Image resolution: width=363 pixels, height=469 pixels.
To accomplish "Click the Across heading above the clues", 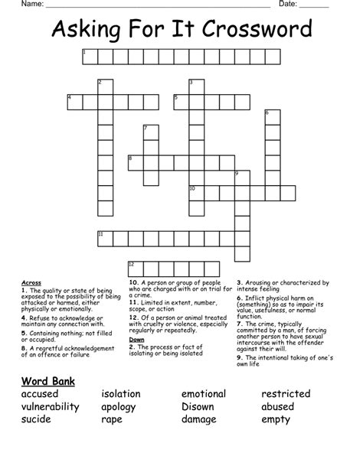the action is [x=31, y=282].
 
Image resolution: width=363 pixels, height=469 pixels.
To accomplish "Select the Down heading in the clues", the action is [x=136, y=339].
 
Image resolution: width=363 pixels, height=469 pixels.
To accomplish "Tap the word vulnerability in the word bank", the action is [x=51, y=407].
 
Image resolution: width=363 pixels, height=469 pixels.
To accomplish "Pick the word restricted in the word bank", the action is [x=286, y=394].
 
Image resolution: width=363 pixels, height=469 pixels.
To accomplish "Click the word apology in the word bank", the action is [x=123, y=407].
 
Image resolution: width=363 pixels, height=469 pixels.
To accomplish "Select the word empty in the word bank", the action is [x=277, y=420].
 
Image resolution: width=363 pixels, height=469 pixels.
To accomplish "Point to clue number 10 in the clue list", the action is [x=133, y=282].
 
